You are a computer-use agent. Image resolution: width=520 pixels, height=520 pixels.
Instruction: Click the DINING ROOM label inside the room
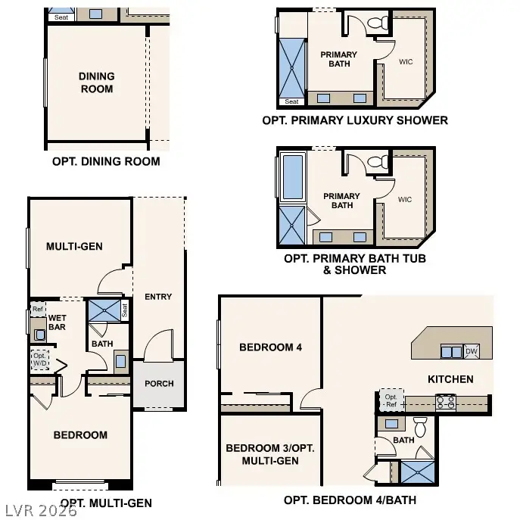[96, 83]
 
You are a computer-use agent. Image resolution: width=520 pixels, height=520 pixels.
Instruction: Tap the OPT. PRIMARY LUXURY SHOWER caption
[354, 120]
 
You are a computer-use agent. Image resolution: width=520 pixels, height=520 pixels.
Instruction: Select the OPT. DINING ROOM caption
[106, 161]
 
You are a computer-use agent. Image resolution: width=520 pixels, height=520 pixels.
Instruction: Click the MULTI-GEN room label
[74, 247]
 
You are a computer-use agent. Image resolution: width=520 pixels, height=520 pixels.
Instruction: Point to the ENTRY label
[157, 297]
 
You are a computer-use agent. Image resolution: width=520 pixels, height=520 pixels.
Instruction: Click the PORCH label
[159, 384]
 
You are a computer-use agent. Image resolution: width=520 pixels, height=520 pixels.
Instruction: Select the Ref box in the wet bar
[37, 310]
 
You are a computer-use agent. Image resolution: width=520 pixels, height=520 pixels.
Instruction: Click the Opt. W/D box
[39, 360]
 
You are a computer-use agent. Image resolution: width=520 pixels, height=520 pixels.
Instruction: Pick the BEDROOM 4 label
[270, 347]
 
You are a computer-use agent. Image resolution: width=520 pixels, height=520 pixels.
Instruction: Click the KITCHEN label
[450, 379]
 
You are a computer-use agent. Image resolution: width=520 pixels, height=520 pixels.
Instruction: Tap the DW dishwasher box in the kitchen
[471, 351]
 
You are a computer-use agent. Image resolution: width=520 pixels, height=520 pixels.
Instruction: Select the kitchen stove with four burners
[445, 403]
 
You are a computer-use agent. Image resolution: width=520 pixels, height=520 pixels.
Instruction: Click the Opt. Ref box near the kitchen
[391, 401]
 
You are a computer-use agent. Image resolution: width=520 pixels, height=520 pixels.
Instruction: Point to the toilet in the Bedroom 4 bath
[421, 426]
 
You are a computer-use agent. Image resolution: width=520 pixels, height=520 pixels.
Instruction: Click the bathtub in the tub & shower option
[292, 176]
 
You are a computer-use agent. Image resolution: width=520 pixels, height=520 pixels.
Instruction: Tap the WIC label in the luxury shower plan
[405, 61]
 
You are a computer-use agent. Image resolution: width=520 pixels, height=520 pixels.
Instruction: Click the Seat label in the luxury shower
[291, 101]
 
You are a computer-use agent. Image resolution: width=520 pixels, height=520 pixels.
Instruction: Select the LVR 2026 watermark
[39, 511]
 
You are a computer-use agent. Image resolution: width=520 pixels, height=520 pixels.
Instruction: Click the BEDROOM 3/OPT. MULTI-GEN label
[269, 454]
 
